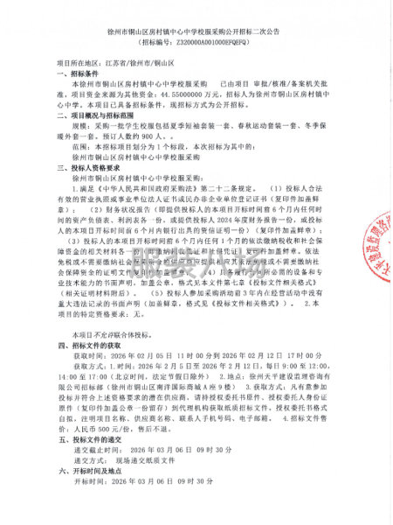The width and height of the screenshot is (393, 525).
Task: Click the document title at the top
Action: point(196,28)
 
